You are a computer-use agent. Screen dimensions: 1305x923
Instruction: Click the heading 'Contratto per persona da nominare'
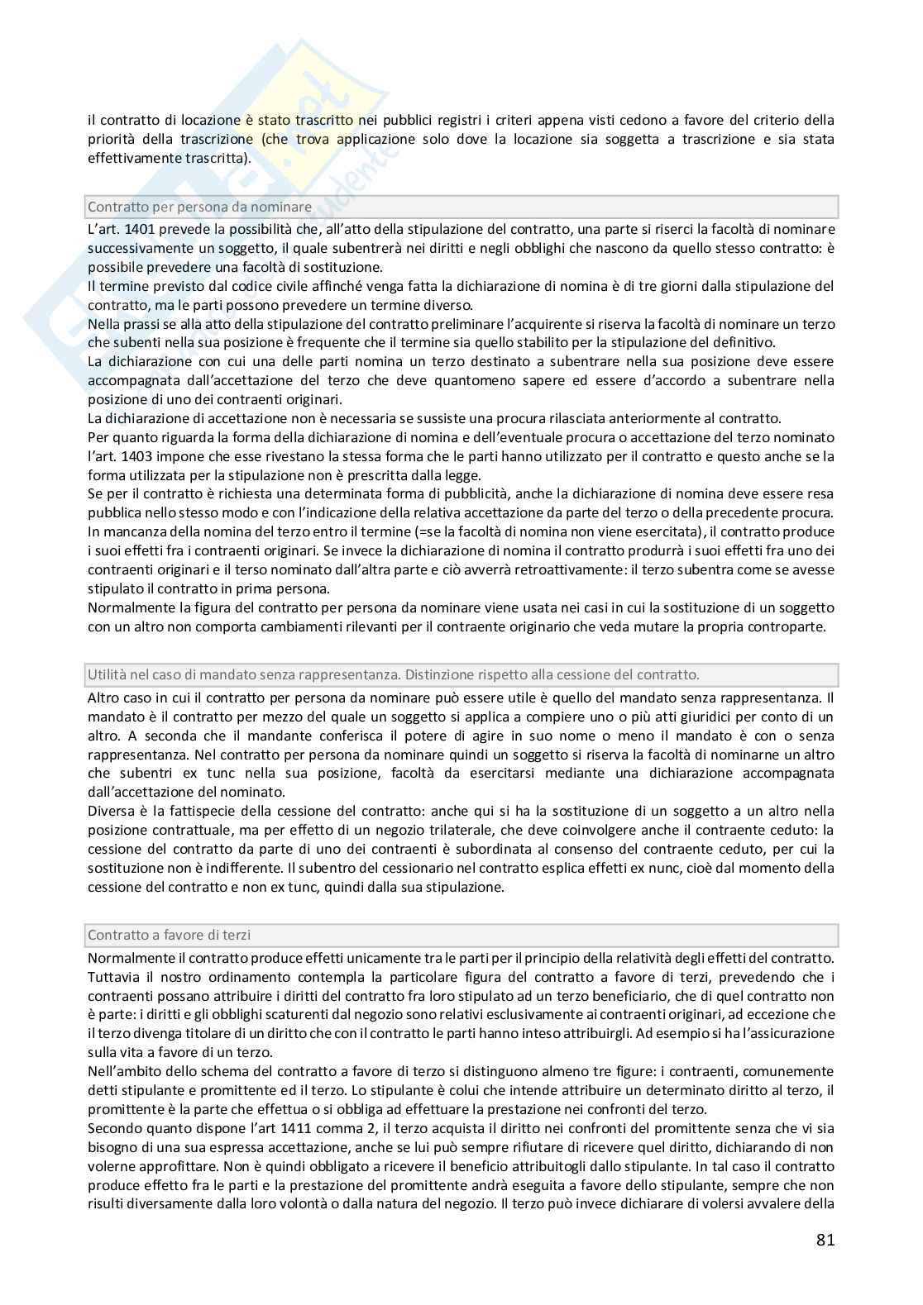pos(199,207)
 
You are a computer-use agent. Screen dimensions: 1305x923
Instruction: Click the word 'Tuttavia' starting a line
pos(112,977)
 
